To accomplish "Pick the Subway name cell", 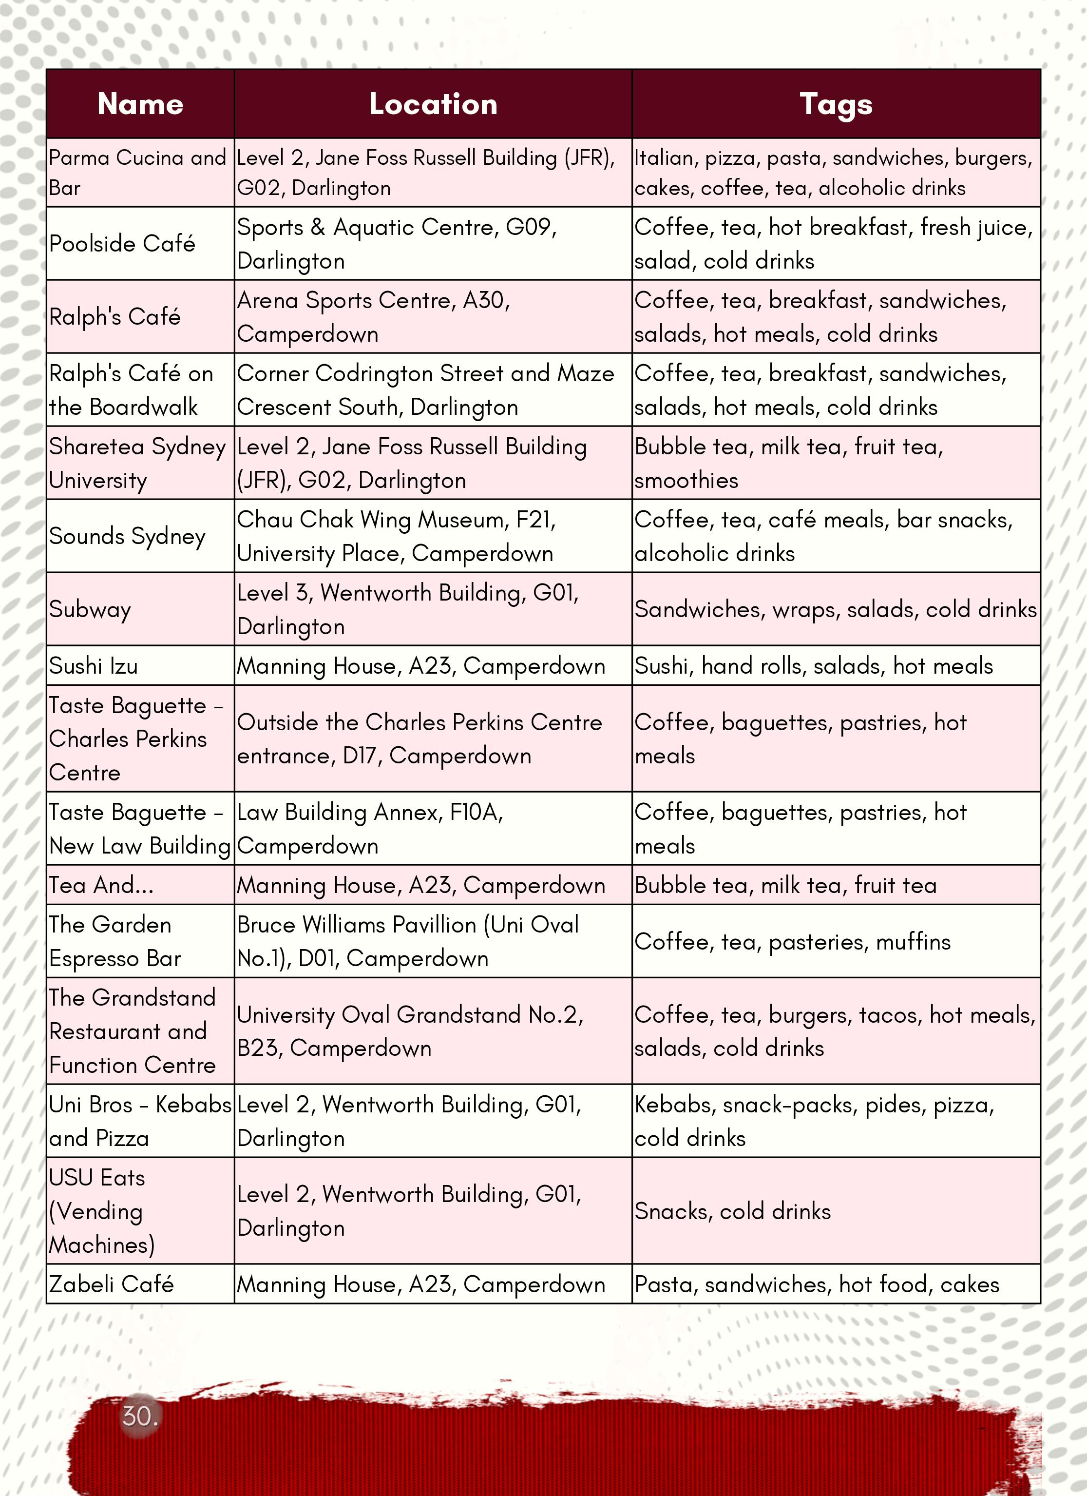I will coord(90,609).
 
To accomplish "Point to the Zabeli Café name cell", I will coord(112,1284).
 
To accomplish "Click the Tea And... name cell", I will coord(101,885).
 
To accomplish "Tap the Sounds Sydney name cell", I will coord(127,536).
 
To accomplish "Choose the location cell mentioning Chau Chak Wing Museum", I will coord(396,536).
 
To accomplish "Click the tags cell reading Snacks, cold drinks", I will coord(732,1211).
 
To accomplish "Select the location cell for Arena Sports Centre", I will coord(374,317).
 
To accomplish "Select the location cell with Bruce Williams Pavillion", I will coord(408,941).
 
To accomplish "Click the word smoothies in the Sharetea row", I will coord(686,481).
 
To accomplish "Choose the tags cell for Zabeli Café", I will coord(817,1284).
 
